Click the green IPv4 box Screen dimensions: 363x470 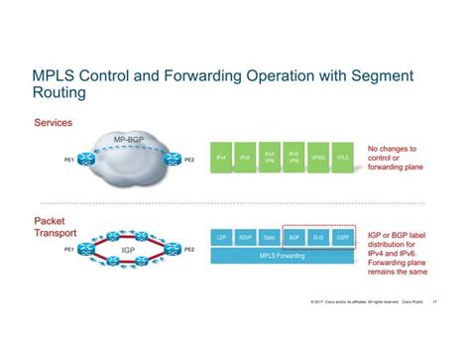point(221,158)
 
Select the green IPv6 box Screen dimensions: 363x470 point(245,158)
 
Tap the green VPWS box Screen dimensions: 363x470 point(318,158)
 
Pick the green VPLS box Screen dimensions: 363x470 point(343,158)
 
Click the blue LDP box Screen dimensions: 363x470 point(221,238)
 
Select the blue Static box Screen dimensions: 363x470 point(270,238)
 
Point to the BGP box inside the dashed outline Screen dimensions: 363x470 point(294,238)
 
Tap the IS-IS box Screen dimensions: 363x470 point(318,238)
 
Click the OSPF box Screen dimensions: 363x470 point(343,238)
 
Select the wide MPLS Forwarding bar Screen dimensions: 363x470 point(282,256)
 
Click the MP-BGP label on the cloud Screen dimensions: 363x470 point(129,140)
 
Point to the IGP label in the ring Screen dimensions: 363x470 point(128,248)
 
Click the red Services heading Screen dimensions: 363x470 point(54,123)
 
